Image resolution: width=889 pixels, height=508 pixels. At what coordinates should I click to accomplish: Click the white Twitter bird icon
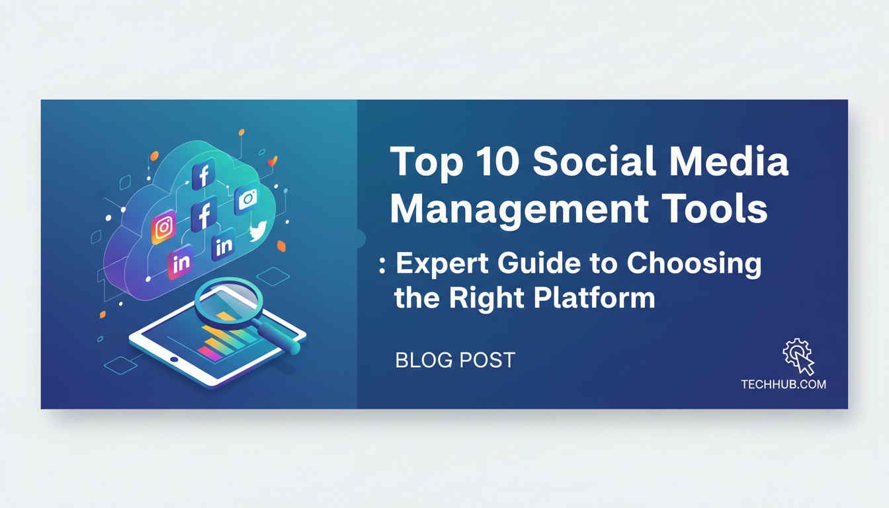coord(259,231)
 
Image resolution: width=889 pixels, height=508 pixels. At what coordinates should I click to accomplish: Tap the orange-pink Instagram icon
coord(163,227)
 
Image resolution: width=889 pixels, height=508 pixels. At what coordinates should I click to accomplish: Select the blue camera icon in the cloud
coord(247,198)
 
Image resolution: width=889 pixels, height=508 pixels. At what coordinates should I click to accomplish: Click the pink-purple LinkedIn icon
coord(181,261)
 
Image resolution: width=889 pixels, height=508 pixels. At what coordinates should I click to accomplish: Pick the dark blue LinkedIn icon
coord(224,245)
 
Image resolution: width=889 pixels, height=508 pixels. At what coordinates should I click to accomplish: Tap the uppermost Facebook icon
coord(204,174)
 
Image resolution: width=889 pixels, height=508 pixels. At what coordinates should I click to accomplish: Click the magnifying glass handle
coord(278,337)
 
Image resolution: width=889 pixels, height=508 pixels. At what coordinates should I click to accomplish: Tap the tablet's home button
coord(174,359)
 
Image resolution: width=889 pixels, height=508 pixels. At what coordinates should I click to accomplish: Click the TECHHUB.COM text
coord(783,384)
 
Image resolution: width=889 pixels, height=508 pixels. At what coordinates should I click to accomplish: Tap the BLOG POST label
coord(455,360)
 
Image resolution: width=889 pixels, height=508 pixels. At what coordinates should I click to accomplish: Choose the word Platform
coord(594,298)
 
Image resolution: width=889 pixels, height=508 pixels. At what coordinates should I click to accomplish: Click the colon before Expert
coord(382,265)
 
